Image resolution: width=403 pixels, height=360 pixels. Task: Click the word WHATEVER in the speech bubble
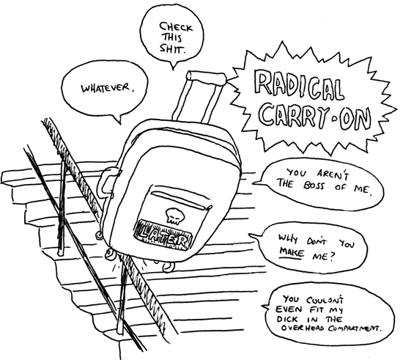click(x=105, y=88)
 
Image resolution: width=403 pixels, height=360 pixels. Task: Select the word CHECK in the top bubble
click(x=176, y=26)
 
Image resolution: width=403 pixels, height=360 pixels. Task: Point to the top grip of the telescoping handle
click(x=206, y=76)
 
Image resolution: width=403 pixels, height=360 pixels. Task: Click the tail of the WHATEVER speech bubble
click(x=117, y=119)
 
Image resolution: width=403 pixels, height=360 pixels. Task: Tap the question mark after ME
click(x=332, y=257)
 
